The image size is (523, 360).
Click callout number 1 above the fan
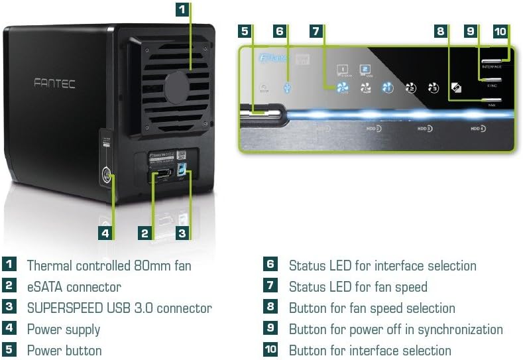[x=182, y=9]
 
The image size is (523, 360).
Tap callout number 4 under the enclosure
[x=105, y=233]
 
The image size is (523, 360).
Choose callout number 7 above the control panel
[x=316, y=30]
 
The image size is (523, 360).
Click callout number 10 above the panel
[x=500, y=30]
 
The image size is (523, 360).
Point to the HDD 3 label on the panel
[x=425, y=128]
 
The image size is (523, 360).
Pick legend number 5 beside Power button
[x=9, y=350]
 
